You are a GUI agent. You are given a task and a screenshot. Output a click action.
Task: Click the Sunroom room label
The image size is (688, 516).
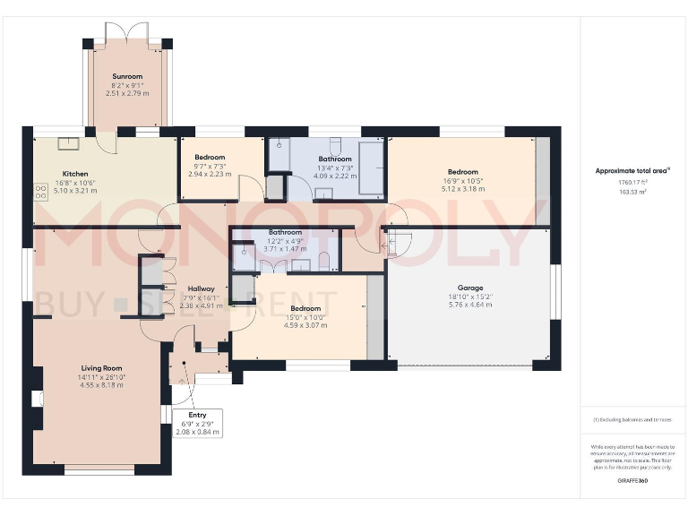(x=127, y=77)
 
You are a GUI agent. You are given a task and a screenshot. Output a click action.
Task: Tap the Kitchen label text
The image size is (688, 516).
(x=74, y=174)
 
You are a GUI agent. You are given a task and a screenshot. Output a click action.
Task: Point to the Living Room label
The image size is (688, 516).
(x=100, y=368)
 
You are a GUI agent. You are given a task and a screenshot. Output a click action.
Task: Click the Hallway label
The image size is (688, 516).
(x=200, y=288)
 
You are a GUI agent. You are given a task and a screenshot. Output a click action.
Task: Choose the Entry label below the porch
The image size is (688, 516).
(x=197, y=416)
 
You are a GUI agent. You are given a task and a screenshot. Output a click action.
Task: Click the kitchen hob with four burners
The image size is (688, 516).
(x=40, y=191)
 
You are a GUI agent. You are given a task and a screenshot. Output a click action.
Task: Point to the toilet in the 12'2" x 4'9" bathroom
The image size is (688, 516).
(x=324, y=261)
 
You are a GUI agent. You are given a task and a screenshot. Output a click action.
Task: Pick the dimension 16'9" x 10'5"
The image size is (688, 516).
(x=463, y=181)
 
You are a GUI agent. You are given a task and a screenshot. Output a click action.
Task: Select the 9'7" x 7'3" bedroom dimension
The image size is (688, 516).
(x=210, y=166)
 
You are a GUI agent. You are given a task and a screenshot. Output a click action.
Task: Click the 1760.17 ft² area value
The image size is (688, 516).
(x=632, y=182)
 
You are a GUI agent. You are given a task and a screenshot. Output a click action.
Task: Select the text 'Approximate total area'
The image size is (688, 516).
(x=632, y=170)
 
